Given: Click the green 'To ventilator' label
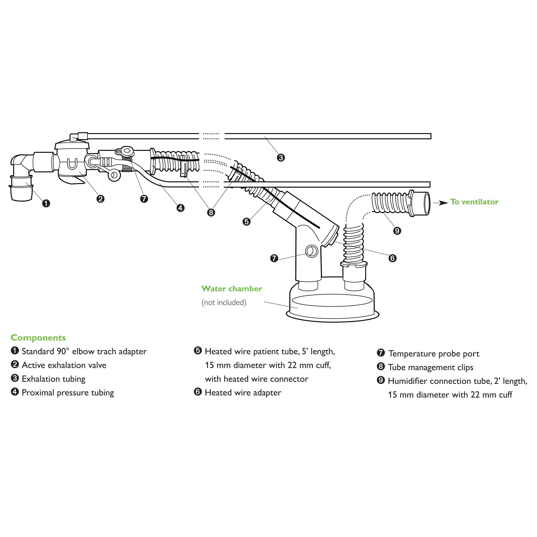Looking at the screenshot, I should point(474,202).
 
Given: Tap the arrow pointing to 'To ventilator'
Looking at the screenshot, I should point(440,203).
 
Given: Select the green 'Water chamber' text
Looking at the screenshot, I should point(232,289).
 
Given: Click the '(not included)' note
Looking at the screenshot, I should point(224,303).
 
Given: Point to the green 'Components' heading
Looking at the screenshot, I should point(38,337).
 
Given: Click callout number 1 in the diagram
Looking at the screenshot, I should point(46,203).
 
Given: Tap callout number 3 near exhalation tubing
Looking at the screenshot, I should point(281,158).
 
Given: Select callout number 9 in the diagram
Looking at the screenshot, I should point(397,230).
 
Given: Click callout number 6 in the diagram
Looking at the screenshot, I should point(392,258).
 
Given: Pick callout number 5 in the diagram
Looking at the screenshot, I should point(246,222).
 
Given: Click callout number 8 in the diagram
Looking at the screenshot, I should point(211,212).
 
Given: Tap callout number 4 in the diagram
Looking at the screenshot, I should point(180,208).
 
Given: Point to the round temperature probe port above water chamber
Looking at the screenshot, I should point(312,252).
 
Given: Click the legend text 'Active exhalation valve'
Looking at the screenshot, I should point(64,365).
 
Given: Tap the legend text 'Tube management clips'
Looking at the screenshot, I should point(430,367).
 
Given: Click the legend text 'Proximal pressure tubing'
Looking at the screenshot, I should point(68,392).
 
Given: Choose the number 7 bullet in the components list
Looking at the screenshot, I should point(381,353).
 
